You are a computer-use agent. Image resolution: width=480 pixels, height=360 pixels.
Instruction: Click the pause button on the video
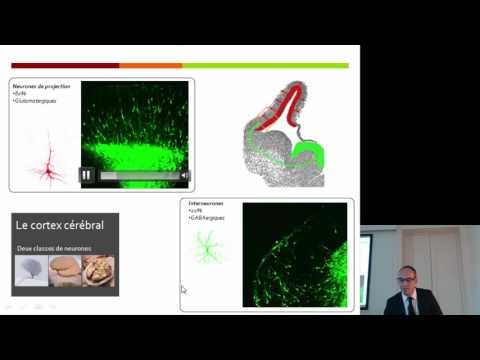coord(87,175)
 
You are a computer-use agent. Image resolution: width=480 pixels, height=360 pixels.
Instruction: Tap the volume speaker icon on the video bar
coord(184,175)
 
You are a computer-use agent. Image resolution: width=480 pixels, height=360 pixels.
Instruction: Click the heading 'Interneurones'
coord(206,204)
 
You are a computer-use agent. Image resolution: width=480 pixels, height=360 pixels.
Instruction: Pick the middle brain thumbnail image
coord(64,270)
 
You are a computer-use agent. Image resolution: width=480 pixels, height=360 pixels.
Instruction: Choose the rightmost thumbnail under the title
coord(98,270)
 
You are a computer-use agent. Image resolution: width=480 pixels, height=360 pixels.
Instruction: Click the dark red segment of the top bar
coord(65,66)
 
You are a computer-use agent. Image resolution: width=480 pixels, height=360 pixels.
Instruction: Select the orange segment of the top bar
coord(150,66)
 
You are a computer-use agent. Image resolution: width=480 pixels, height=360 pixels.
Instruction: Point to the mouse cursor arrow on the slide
coord(183,290)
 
